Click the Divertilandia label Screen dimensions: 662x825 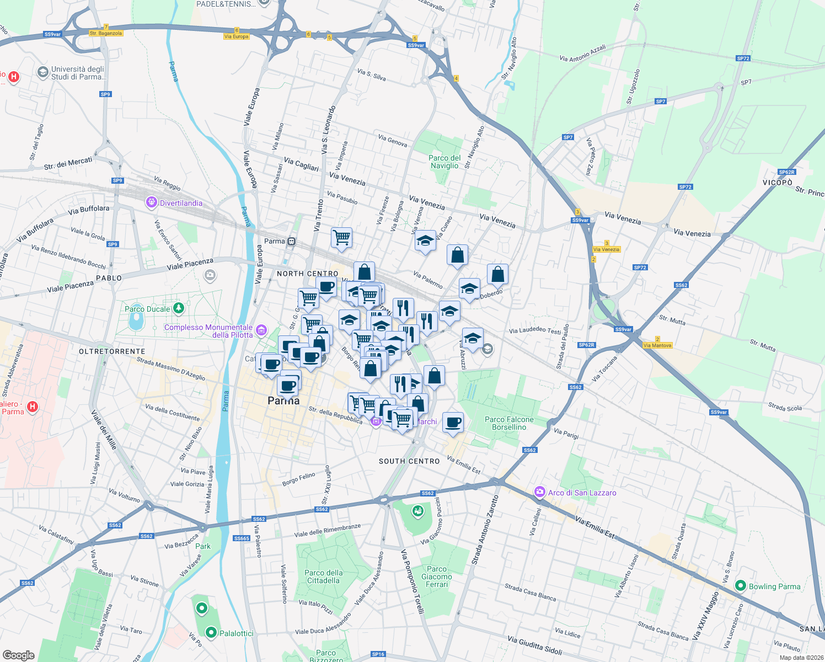pos(181,203)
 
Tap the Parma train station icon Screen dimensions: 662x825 pos(291,241)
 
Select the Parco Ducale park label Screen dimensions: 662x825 pos(147,309)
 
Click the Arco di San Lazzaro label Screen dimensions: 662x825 pos(582,493)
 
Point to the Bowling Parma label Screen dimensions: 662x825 pos(774,586)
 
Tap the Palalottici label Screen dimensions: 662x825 pos(236,633)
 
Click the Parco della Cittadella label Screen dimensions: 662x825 pos(324,576)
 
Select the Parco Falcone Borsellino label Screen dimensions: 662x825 pos(509,423)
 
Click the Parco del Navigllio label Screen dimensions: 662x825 pos(444,162)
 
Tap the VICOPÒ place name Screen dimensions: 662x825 pos(778,183)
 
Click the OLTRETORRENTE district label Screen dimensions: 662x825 pos(112,351)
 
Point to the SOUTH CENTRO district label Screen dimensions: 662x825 pos(409,461)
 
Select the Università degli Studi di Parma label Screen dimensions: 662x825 pos(78,73)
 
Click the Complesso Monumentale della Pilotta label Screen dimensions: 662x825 pos(209,331)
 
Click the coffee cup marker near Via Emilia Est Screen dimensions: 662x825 pos(453,423)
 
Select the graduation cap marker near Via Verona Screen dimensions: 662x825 pos(425,241)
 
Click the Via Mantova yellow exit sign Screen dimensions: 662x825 pos(657,345)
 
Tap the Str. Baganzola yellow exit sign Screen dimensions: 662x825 pos(106,33)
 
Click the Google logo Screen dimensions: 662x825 pos(18,655)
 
